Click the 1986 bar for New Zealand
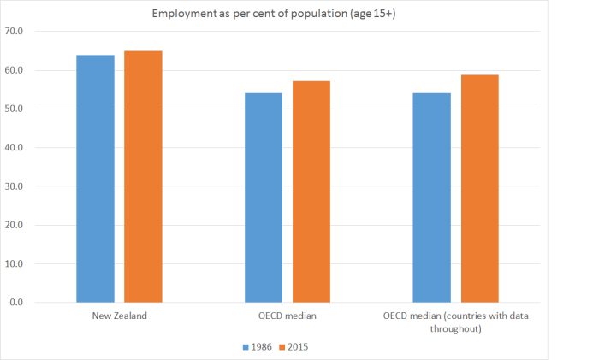click(x=95, y=179)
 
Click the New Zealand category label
click(x=119, y=317)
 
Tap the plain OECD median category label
click(x=288, y=317)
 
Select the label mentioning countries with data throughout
click(x=455, y=322)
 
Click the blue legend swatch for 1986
click(x=246, y=347)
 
